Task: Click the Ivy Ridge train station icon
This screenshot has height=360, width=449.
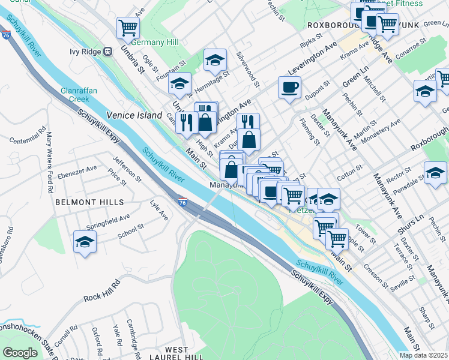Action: [109, 52]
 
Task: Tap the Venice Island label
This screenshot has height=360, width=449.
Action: [134, 115]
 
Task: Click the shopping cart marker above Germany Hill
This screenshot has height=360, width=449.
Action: [128, 28]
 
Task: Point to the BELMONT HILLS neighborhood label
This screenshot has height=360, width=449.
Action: [89, 203]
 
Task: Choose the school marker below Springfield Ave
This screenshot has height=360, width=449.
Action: [85, 242]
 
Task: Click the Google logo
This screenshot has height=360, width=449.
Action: [20, 353]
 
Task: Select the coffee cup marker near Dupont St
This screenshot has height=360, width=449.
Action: [289, 87]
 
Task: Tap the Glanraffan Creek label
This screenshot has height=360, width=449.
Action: [79, 94]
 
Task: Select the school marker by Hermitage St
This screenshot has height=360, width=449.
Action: [215, 60]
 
